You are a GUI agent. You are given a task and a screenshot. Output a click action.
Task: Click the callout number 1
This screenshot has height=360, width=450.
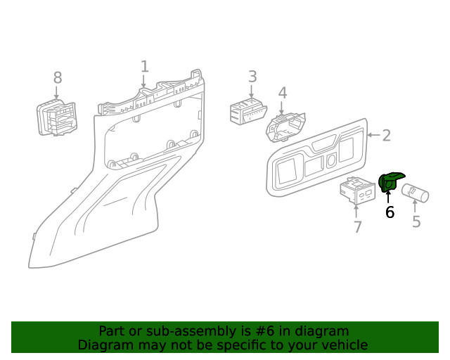(144, 67)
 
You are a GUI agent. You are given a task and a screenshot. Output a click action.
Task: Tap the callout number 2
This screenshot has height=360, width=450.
(386, 136)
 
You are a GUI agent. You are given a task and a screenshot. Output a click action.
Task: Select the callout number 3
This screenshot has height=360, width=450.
(252, 77)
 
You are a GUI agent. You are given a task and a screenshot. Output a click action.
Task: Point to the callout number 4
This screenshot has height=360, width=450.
(282, 94)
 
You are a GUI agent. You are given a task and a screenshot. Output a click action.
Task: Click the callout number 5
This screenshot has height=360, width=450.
(416, 222)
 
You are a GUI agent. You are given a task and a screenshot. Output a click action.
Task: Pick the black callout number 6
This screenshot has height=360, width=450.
(390, 212)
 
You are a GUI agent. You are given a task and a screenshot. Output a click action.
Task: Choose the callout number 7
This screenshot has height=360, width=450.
(357, 226)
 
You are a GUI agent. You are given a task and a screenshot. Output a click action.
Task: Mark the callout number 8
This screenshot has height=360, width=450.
(57, 77)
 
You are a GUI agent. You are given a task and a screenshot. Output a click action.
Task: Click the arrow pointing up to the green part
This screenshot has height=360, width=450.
(389, 196)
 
